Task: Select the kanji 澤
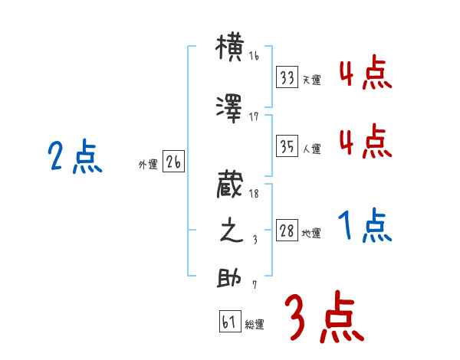pos(231,109)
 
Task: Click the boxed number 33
pos(287,77)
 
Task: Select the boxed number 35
pos(287,147)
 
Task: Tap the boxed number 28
pos(287,231)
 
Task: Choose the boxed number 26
pos(173,162)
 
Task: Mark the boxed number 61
pos(229,322)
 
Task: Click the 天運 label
pos(312,80)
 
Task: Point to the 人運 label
pos(312,149)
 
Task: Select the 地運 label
pos(311,234)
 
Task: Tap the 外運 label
pos(148,164)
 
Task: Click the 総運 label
pos(255,325)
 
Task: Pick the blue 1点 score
pos(365,227)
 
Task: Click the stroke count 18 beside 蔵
pos(254,195)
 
